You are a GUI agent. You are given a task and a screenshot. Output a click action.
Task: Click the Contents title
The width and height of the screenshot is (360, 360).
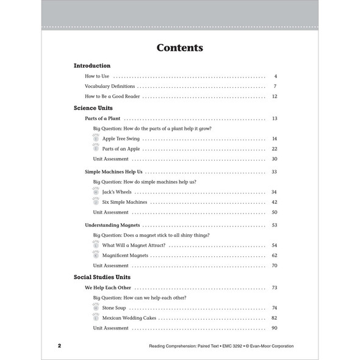[179, 48]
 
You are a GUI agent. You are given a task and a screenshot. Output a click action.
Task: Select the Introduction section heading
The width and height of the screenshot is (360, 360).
[92, 65]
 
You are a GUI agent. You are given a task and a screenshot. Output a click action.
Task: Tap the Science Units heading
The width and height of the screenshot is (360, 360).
[93, 107]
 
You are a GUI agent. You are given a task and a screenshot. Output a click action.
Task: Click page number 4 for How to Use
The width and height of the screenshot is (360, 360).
[276, 76]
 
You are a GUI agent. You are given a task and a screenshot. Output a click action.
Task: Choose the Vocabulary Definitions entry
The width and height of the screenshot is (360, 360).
[110, 86]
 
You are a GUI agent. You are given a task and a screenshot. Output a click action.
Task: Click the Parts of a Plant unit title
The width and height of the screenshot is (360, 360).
[103, 118]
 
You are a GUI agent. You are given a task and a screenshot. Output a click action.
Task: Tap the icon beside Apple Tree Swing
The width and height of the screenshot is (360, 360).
[96, 139]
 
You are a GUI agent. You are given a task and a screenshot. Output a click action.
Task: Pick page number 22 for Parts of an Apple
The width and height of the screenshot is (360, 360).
[275, 149]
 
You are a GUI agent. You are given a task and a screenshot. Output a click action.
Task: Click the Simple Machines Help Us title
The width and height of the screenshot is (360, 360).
[113, 172]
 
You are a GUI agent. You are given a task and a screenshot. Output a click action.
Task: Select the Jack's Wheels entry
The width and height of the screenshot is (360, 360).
[117, 192]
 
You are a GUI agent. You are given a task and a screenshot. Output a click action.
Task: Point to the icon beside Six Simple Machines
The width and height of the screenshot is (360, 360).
[96, 201]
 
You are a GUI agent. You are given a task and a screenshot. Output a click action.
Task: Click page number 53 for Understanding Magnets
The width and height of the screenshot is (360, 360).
[275, 225]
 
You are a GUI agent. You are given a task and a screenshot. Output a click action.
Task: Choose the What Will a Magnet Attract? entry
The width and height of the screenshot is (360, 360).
[134, 245]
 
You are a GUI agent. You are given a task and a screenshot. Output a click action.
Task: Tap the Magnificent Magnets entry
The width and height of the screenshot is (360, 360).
[125, 255]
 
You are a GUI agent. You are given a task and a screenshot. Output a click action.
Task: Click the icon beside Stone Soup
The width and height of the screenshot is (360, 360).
[96, 308]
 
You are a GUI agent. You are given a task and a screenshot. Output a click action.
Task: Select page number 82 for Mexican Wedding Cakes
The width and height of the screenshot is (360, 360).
[275, 318]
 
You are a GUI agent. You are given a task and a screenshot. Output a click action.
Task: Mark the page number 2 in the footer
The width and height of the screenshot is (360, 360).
[59, 346]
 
